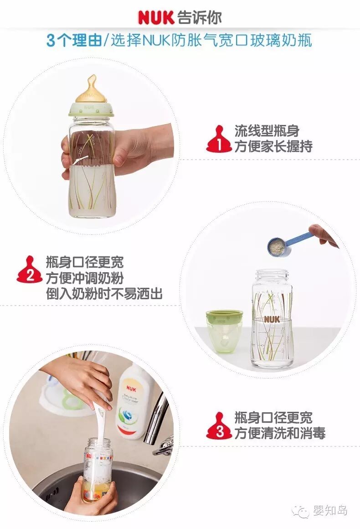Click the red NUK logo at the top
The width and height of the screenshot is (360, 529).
pos(156,17)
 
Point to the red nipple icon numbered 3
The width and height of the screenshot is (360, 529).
pos(220,425)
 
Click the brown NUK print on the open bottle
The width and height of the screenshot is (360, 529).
pos(272,319)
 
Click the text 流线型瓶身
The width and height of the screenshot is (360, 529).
pos(267,131)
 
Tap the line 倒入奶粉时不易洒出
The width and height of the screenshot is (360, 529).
pos(104,294)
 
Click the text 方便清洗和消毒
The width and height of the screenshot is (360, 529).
pos(280,433)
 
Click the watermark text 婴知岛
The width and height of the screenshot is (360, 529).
pos(330,511)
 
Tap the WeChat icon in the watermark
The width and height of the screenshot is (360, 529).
pos(301,512)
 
